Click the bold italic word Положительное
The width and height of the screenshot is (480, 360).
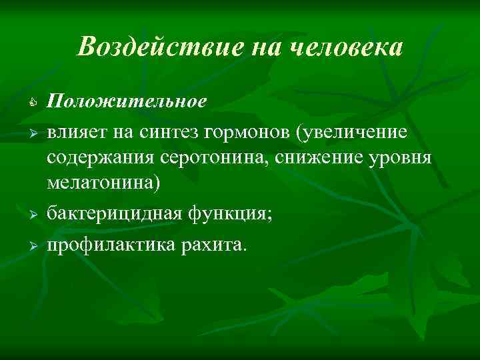127,101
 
